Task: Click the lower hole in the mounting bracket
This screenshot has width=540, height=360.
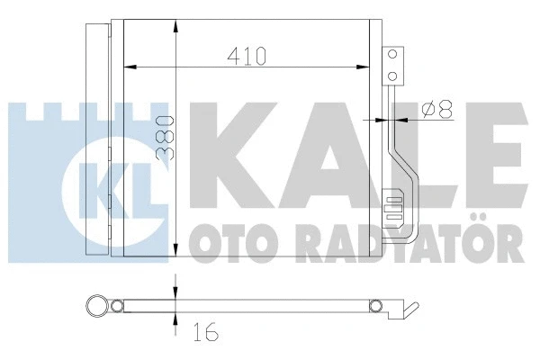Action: [x=391, y=75]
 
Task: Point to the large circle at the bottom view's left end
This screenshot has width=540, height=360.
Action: [x=94, y=306]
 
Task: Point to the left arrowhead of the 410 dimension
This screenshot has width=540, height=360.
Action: [x=129, y=66]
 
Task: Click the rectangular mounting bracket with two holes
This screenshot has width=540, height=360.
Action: [x=391, y=66]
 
